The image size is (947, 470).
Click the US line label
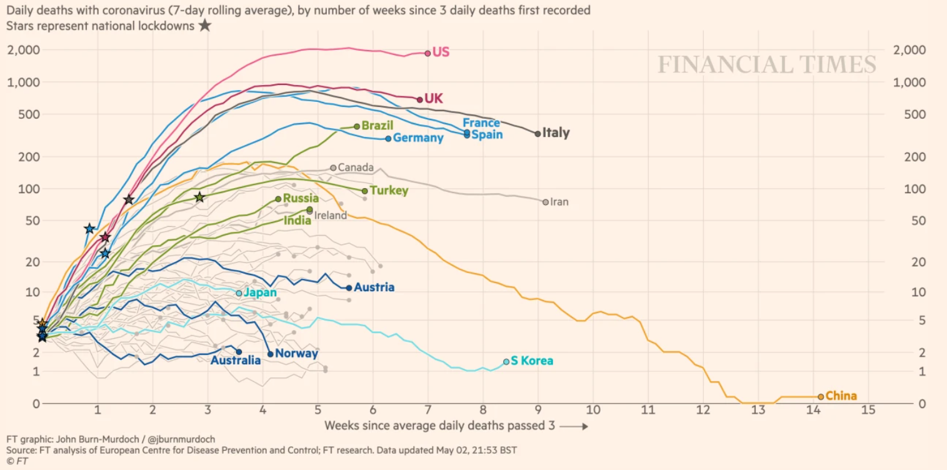click(441, 52)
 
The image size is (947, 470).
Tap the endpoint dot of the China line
click(821, 396)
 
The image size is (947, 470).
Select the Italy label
click(556, 132)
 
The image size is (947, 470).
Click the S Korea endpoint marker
click(506, 361)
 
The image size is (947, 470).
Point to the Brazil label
click(378, 126)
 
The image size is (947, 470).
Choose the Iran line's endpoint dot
click(546, 202)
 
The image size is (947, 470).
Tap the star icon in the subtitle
click(204, 26)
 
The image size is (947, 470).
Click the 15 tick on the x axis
click(868, 410)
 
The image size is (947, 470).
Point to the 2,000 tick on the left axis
click(24, 50)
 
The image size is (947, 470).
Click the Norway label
click(297, 354)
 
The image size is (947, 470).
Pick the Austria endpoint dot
click(349, 287)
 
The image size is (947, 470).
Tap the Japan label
click(260, 292)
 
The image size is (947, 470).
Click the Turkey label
click(389, 191)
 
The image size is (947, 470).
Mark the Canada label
click(355, 167)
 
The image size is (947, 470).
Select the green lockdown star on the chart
click(199, 197)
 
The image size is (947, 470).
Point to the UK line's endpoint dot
click(419, 99)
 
